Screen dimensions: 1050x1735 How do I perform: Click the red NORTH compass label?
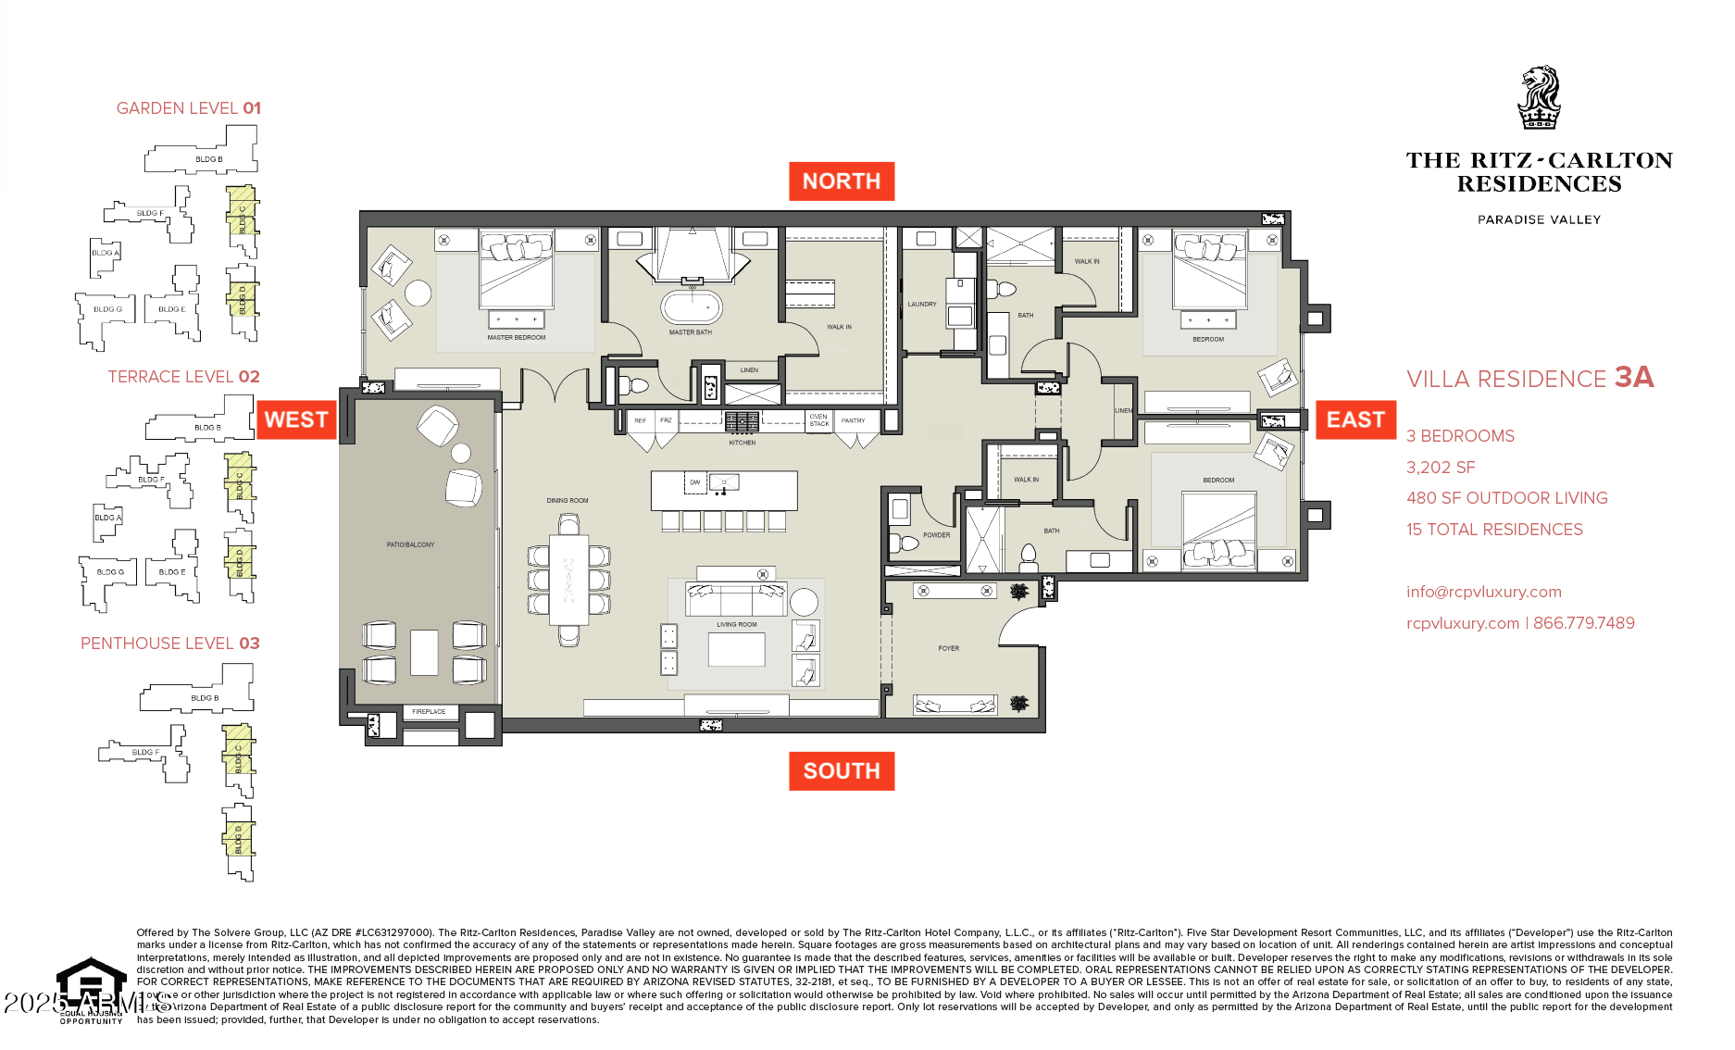(841, 181)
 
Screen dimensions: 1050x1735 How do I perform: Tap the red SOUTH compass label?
(841, 770)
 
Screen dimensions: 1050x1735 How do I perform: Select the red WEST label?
(295, 419)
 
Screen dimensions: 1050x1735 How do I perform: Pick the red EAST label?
(1355, 419)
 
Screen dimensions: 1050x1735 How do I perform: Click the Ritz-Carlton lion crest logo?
(1539, 97)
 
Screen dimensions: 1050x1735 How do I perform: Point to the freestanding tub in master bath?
(691, 306)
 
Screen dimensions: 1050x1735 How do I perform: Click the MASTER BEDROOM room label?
(516, 338)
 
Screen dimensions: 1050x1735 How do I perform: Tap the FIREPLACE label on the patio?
(429, 712)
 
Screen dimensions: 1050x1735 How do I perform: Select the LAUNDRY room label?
(921, 304)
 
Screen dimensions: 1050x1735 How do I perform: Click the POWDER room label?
(936, 535)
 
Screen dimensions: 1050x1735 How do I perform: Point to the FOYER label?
(948, 648)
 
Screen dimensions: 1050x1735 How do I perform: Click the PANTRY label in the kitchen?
(853, 420)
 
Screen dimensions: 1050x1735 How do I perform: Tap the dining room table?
(568, 581)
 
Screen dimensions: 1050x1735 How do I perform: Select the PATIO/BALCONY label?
(410, 544)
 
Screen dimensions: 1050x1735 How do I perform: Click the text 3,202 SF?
(1441, 468)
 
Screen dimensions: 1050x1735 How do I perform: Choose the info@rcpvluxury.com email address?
(1483, 592)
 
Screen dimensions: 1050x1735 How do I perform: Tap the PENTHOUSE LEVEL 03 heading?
(170, 644)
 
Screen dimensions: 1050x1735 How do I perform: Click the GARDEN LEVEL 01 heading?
(188, 108)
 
